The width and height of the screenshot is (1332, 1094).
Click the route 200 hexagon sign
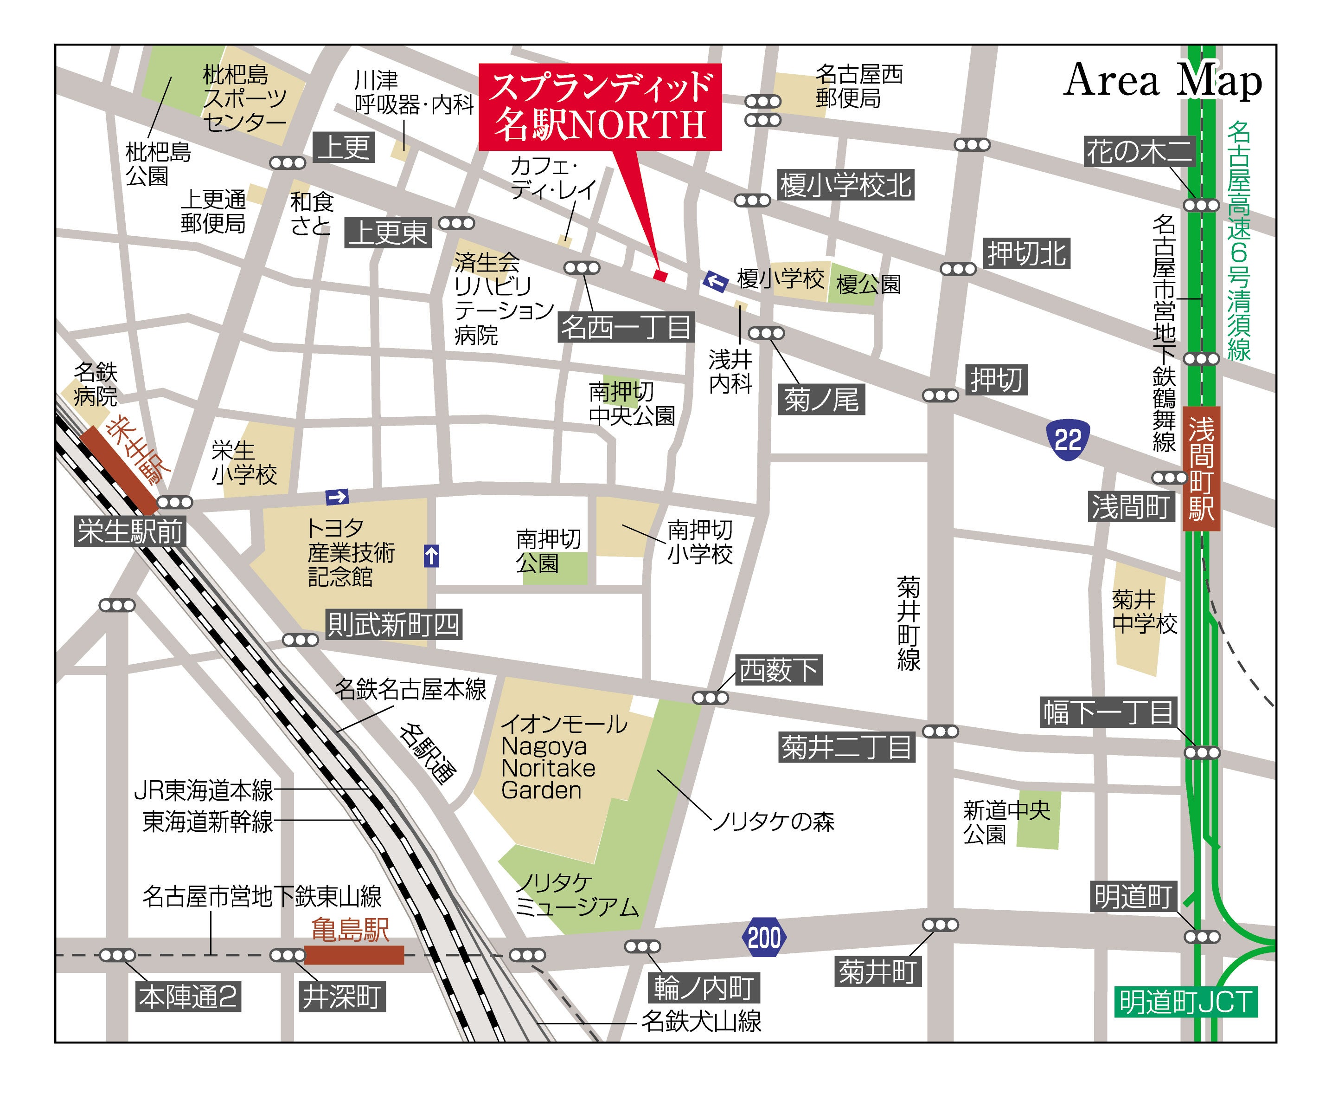(764, 937)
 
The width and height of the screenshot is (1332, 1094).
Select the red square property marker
(660, 275)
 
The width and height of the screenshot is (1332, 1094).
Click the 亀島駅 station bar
(354, 955)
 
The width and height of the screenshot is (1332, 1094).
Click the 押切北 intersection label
(1026, 253)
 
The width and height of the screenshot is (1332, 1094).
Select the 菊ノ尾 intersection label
(820, 400)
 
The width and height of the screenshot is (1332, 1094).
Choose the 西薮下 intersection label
(778, 670)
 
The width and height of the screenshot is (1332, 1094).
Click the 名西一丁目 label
(626, 327)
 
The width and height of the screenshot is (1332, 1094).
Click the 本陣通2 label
(188, 997)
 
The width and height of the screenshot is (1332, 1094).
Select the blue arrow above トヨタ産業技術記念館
(337, 497)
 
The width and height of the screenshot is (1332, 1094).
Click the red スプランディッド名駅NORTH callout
(600, 107)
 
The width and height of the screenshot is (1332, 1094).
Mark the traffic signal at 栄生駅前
(174, 502)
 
